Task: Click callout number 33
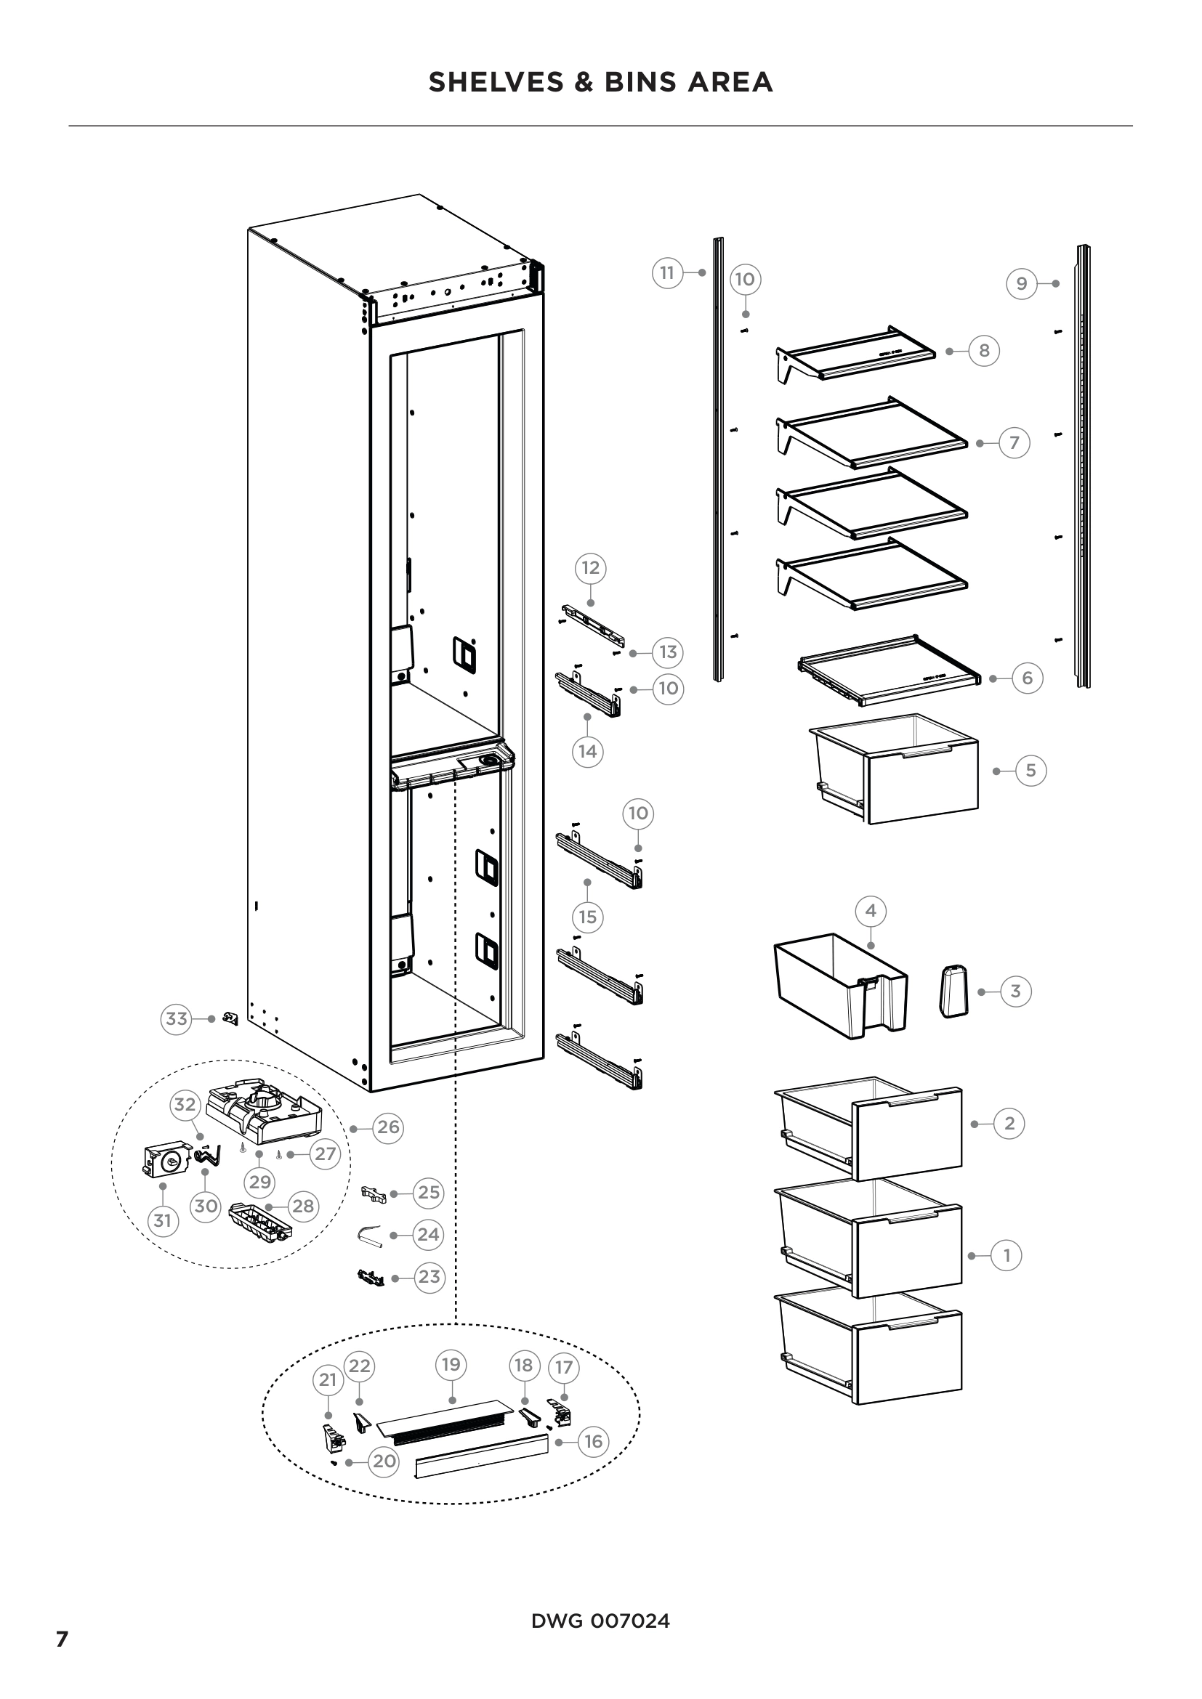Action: click(x=176, y=1019)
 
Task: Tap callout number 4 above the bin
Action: click(x=871, y=911)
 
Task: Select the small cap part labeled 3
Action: click(x=953, y=992)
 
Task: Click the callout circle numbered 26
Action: click(x=388, y=1128)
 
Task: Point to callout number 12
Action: click(x=590, y=568)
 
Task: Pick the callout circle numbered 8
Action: click(x=984, y=351)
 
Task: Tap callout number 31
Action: click(x=163, y=1220)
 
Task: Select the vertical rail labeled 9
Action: click(x=1083, y=466)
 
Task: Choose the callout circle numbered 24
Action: click(x=428, y=1235)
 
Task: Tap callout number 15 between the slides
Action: click(x=588, y=917)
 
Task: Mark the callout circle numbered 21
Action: click(x=328, y=1380)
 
